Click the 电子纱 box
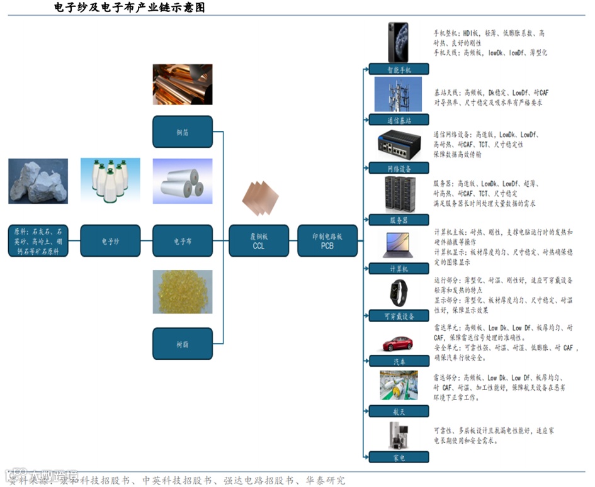[x=110, y=241]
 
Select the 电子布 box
[x=183, y=241]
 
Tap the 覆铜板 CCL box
[x=258, y=241]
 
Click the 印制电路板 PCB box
[x=327, y=241]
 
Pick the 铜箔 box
[x=183, y=132]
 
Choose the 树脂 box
[x=183, y=344]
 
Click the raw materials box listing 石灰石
[x=38, y=241]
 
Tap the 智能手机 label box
[x=399, y=69]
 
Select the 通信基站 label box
[x=399, y=120]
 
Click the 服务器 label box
[x=399, y=220]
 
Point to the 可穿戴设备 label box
[x=399, y=316]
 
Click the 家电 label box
[x=399, y=457]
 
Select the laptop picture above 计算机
[x=397, y=245]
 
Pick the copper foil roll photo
[x=183, y=84]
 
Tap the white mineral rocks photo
[x=38, y=181]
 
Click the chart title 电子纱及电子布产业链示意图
[x=130, y=8]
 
